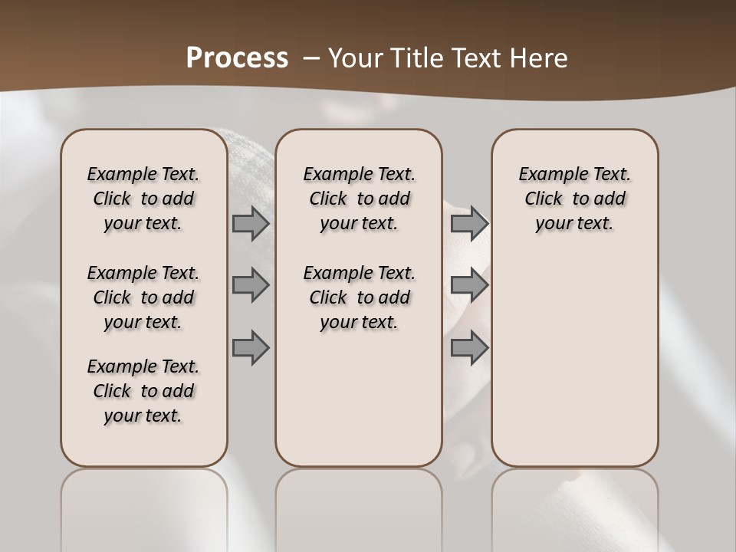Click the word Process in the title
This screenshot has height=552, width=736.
[x=237, y=58]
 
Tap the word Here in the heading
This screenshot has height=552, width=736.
[x=537, y=58]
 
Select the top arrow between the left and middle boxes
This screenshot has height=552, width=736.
[x=251, y=224]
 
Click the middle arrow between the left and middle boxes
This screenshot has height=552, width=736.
[x=251, y=285]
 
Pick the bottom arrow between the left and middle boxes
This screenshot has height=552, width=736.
[x=251, y=347]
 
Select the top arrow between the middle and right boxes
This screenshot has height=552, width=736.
[x=469, y=224]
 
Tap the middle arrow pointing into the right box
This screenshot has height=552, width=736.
[x=469, y=285]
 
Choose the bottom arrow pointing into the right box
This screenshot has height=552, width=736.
[x=469, y=347]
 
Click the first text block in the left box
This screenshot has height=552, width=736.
[x=143, y=199]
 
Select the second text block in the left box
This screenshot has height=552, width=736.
[x=143, y=297]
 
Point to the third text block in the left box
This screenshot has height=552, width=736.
[x=143, y=391]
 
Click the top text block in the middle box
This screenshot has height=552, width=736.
[x=359, y=199]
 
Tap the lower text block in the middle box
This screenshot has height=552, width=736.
[x=359, y=297]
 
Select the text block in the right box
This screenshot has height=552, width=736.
[x=574, y=199]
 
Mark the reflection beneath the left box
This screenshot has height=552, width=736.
[x=144, y=506]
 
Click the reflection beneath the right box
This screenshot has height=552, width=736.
[x=574, y=506]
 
